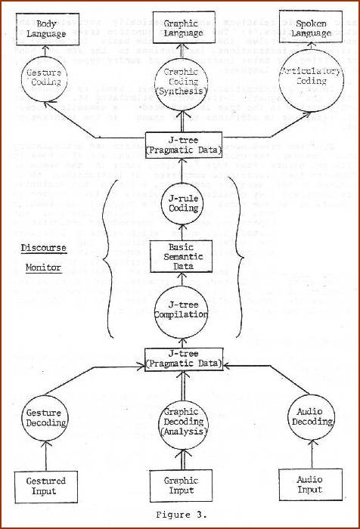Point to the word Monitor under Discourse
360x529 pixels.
point(45,268)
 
